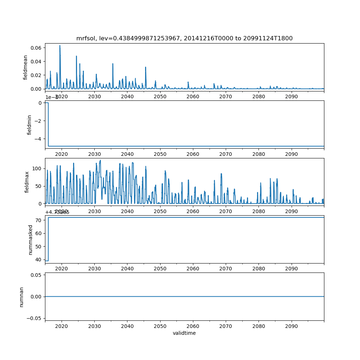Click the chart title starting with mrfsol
click(x=184, y=38)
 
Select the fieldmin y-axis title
click(x=29, y=125)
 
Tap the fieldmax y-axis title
click(x=27, y=181)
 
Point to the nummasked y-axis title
click(x=31, y=240)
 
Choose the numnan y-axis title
click(x=22, y=297)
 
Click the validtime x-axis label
click(x=184, y=333)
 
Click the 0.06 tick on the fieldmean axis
click(x=35, y=48)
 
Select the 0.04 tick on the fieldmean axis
click(x=35, y=62)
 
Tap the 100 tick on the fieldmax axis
click(x=37, y=168)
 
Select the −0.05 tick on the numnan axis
click(x=33, y=318)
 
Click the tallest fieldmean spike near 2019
click(x=60, y=46)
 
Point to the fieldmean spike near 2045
click(x=146, y=67)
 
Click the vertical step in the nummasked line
click(x=48, y=239)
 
